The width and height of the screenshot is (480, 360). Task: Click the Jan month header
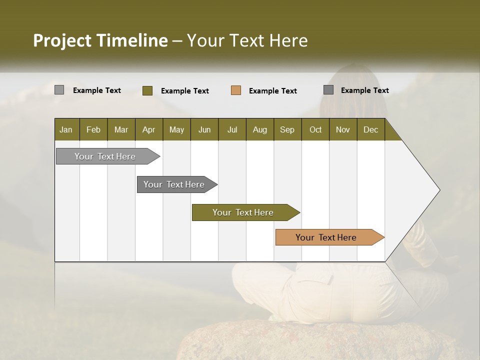tap(66, 129)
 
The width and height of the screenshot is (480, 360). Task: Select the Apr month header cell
tap(148, 129)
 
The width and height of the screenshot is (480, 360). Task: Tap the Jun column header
tap(204, 129)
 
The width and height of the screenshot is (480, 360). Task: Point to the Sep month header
tap(287, 129)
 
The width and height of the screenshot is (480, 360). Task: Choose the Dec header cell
tap(370, 129)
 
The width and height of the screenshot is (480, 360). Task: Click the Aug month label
tap(259, 129)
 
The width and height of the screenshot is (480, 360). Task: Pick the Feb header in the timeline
tap(93, 129)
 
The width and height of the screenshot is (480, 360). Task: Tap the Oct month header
tap(315, 129)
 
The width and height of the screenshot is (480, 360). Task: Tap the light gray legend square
tap(59, 90)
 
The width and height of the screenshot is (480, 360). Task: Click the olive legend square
tap(147, 90)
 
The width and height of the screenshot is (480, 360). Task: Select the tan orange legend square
tap(236, 90)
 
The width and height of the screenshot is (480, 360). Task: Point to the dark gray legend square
tap(328, 90)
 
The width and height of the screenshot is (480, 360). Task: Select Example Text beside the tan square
tap(272, 91)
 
